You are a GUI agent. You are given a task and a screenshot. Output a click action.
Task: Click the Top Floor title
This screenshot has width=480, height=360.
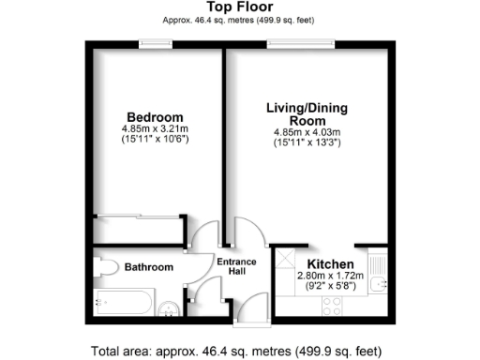click(239, 7)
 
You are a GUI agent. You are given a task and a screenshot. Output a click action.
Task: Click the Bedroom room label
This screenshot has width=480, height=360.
click(155, 117)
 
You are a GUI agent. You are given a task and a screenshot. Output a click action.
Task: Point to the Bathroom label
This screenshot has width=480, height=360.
click(150, 267)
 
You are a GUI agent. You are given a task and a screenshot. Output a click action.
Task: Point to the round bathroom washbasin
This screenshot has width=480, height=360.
click(170, 304)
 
